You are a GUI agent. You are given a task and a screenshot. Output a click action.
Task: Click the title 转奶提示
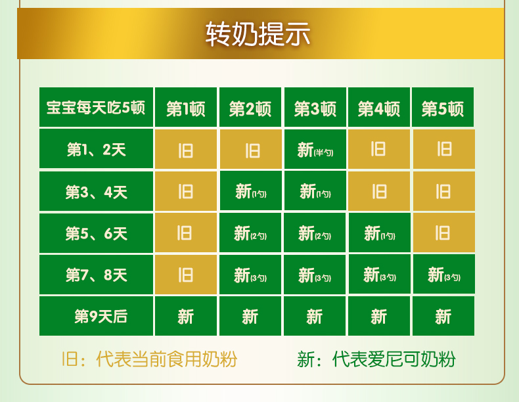tap(258, 33)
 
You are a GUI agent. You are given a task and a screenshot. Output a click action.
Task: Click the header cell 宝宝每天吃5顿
tap(96, 107)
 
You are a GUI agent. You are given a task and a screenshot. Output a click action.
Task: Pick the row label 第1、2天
tap(96, 149)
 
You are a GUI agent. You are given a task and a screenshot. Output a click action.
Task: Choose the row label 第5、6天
tap(96, 233)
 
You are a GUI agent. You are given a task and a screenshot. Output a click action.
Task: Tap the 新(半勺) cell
tap(315, 149)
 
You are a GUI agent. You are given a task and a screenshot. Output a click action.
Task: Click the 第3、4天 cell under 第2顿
tap(250, 191)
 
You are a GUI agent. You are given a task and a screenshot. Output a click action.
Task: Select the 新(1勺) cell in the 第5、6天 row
tap(379, 233)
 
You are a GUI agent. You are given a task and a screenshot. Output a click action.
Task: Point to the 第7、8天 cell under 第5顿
tap(444, 275)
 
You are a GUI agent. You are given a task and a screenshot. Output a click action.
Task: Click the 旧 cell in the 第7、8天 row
tap(186, 275)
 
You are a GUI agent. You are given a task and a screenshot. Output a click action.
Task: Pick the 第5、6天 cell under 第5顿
tap(444, 233)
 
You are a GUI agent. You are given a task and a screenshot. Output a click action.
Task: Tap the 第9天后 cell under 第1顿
tap(186, 316)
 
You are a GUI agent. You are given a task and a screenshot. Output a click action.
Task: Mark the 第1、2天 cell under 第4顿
tap(379, 149)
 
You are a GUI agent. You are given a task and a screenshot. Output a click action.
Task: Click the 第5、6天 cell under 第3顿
tap(315, 233)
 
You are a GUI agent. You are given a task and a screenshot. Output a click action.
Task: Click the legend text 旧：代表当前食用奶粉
tap(149, 359)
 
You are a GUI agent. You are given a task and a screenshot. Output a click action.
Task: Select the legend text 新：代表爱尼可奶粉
tap(376, 359)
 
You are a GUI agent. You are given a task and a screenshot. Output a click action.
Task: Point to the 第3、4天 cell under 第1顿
tap(186, 191)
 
